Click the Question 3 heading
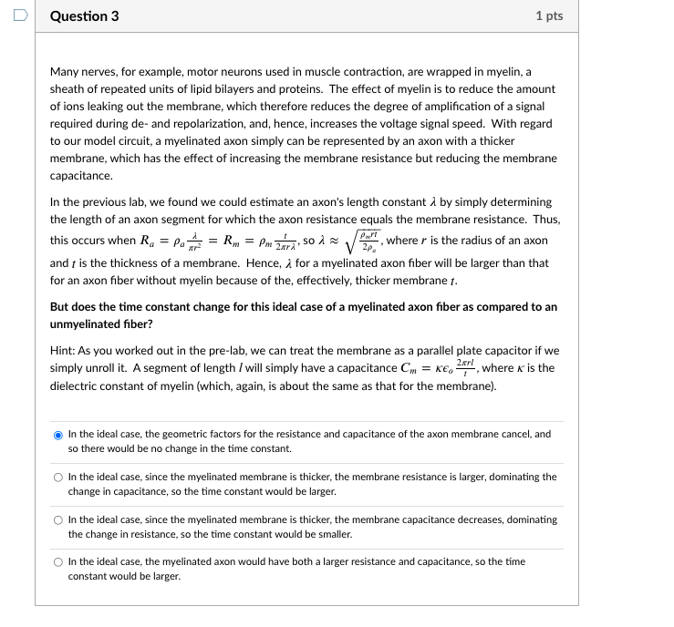(x=84, y=16)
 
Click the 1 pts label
(x=549, y=16)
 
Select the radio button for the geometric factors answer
(x=57, y=435)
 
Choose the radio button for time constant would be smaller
(x=57, y=520)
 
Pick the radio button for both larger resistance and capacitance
(x=57, y=562)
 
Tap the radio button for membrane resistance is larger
(x=57, y=478)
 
